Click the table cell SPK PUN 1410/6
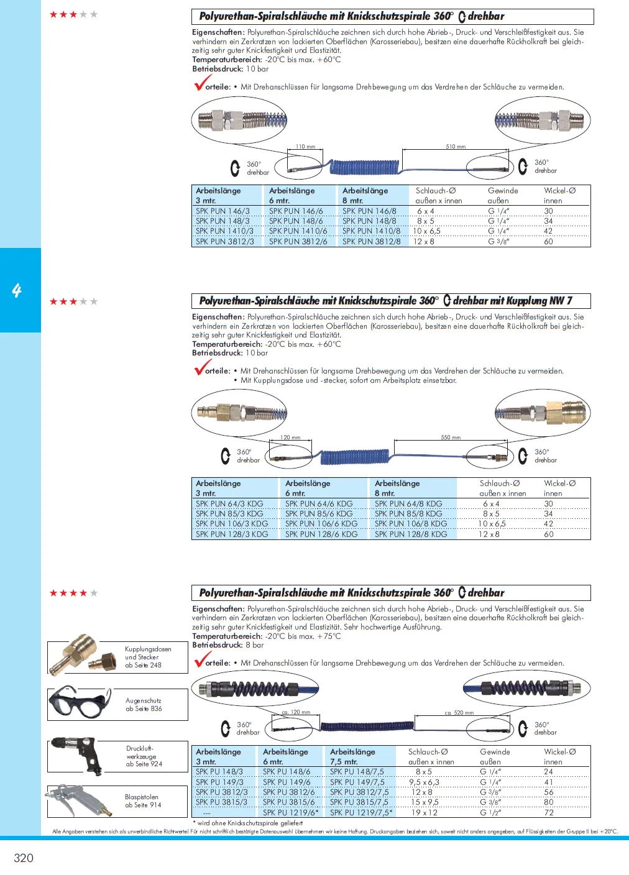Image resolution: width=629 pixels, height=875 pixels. click(x=298, y=231)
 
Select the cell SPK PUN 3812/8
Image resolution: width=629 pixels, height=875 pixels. click(x=371, y=242)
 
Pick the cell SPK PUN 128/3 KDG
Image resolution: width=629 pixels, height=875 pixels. click(x=232, y=534)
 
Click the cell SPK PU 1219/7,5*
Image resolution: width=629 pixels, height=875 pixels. click(x=361, y=812)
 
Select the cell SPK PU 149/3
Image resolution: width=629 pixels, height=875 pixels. click(x=219, y=782)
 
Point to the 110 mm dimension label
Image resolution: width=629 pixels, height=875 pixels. click(x=305, y=147)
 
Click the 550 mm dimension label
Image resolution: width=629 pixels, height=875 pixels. click(x=451, y=437)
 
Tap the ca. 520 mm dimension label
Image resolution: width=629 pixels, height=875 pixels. click(x=459, y=713)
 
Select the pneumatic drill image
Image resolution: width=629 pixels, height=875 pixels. click(x=76, y=755)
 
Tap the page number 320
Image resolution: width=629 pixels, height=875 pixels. click(x=24, y=858)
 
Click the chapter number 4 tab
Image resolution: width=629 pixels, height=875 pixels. click(x=17, y=290)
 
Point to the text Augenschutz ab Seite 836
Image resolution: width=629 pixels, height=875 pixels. click(x=144, y=705)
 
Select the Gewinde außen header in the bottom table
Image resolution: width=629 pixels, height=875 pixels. click(x=495, y=756)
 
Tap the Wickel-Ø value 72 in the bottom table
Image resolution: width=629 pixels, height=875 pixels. click(x=549, y=812)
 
